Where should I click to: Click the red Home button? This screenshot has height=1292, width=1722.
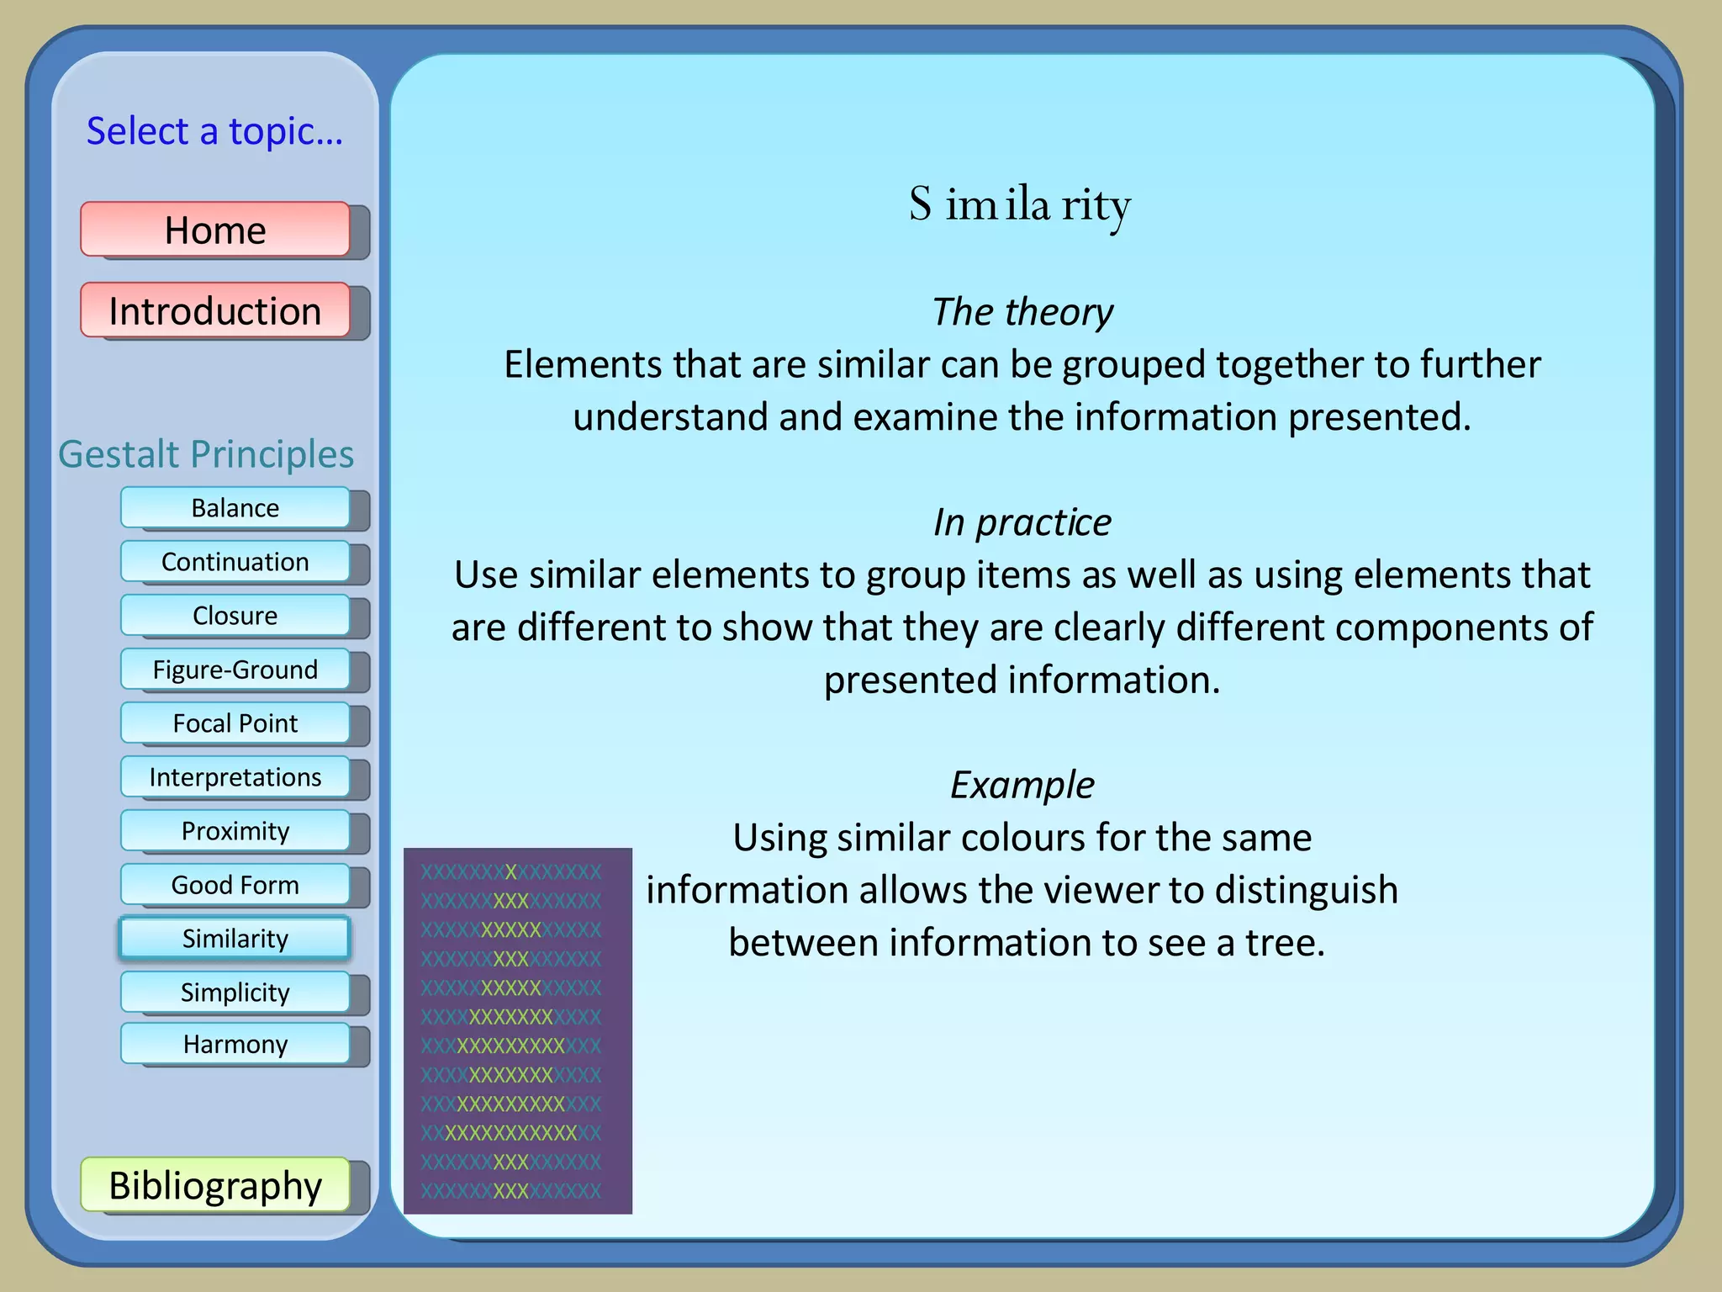tap(215, 230)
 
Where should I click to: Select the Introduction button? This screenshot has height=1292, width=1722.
tap(215, 310)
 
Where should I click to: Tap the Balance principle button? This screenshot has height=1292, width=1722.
tap(235, 508)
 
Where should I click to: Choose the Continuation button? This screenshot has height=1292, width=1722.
tap(235, 562)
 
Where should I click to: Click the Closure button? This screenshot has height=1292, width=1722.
tap(235, 616)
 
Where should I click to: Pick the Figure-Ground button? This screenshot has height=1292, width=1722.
tap(235, 670)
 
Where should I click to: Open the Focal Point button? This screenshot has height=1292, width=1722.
tap(235, 723)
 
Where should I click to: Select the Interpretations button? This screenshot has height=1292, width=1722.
tap(235, 777)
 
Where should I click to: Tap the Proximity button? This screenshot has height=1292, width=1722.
tap(235, 831)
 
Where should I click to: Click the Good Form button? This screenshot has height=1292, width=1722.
tap(235, 885)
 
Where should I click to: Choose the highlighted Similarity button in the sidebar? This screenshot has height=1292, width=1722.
tap(235, 939)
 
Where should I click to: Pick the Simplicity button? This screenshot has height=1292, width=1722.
tap(235, 993)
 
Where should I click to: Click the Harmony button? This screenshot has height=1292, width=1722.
tap(235, 1044)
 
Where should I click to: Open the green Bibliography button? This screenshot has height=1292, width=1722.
tap(215, 1185)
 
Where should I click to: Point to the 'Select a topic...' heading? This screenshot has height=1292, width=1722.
tap(214, 131)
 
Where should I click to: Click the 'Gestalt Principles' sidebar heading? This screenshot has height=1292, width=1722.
tap(206, 454)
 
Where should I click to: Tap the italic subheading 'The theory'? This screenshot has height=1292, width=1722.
tap(1022, 312)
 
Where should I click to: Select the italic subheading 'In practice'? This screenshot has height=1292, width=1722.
tap(1022, 522)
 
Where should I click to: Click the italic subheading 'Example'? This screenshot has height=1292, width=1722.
tap(1022, 785)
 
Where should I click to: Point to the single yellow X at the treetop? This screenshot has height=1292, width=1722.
tap(511, 872)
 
